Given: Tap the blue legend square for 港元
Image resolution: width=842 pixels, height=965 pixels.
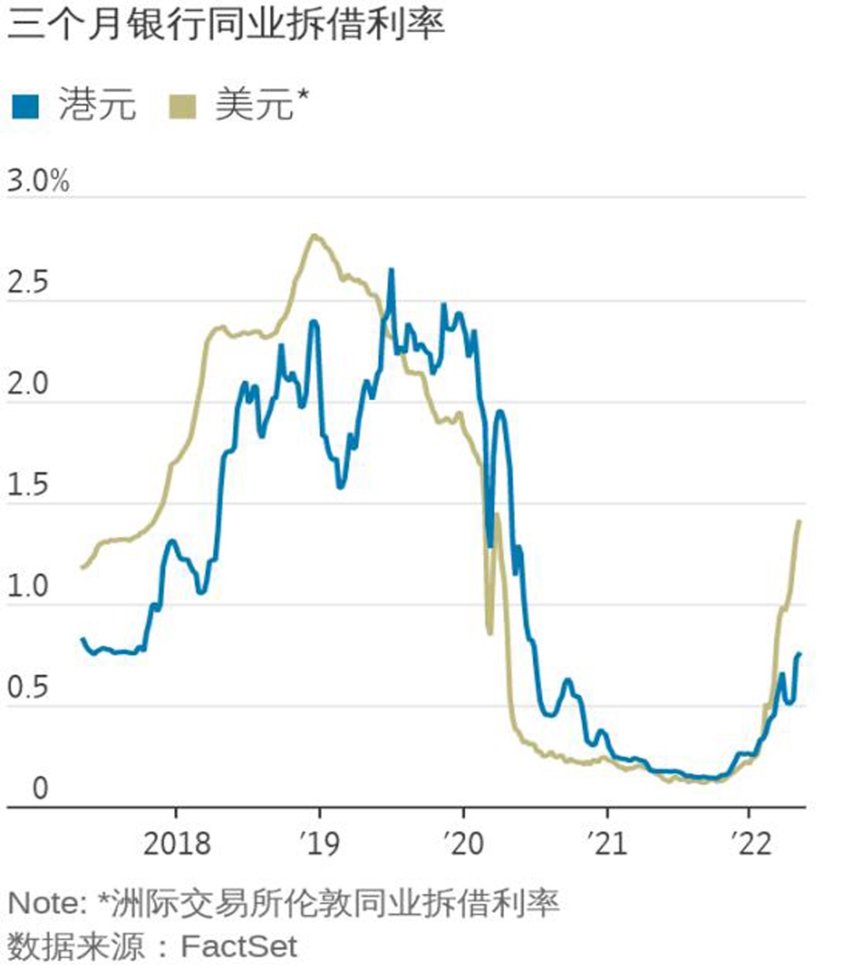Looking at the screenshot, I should (x=25, y=105).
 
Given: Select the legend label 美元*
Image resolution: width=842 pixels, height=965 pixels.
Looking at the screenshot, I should (x=261, y=104).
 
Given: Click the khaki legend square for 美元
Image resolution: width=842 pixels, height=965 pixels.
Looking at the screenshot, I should (x=182, y=105).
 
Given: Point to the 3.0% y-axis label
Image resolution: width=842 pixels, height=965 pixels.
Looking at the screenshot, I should (x=38, y=182).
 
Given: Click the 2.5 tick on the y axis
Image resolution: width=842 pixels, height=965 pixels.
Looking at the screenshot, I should (x=28, y=283).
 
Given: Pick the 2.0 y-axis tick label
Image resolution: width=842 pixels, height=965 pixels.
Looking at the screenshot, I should (x=28, y=385).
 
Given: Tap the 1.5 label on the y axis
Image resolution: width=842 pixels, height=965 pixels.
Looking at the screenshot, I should (x=28, y=486).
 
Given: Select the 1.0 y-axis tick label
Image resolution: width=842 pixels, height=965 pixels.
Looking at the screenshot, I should (x=28, y=587).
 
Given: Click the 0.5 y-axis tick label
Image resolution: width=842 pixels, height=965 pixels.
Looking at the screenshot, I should (x=28, y=688).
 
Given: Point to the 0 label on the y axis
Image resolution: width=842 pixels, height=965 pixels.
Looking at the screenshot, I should (x=39, y=788).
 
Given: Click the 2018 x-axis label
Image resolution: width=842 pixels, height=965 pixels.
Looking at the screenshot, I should (x=176, y=843).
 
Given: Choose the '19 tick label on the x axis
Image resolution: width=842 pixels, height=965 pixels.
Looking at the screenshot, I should (x=320, y=843).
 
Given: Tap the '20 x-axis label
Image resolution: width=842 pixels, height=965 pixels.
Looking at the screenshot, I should (x=464, y=843).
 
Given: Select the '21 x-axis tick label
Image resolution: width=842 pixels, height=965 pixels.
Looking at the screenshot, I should (x=607, y=843).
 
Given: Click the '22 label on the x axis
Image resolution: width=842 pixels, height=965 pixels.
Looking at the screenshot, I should (x=750, y=843).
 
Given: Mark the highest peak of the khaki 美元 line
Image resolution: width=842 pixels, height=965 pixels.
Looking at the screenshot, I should (x=314, y=235).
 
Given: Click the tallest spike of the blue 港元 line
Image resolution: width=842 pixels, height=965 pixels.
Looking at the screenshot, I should (x=391, y=271).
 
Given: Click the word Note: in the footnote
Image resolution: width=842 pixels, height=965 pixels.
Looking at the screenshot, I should (x=47, y=903).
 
